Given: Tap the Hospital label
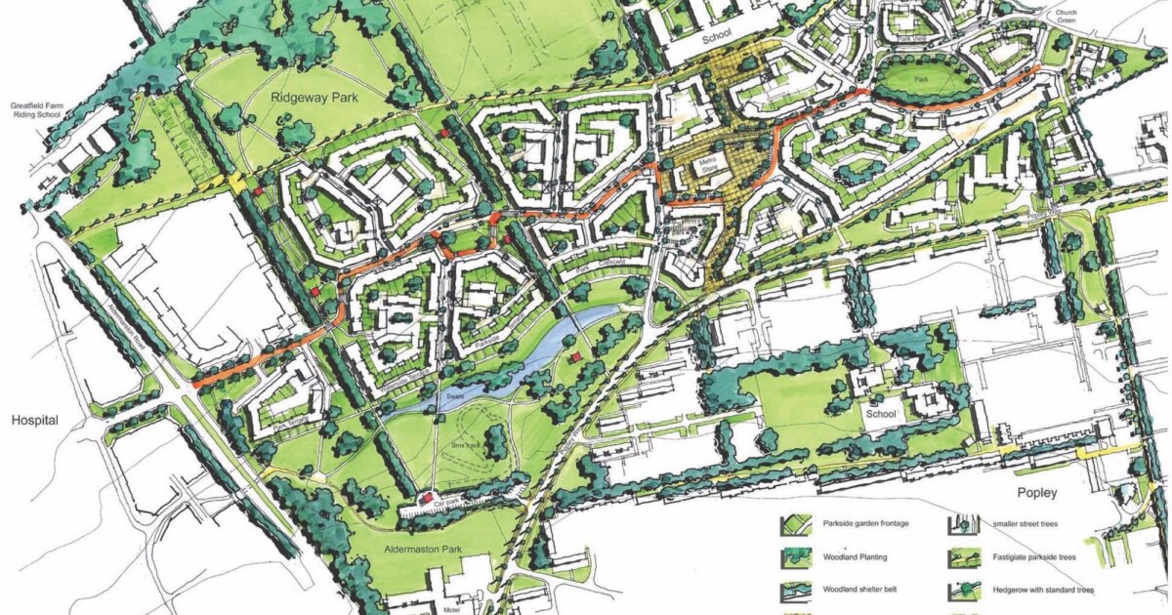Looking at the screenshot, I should click(x=35, y=421).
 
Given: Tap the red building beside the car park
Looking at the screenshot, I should click(x=426, y=498).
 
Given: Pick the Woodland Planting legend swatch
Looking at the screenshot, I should click(x=797, y=558).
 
